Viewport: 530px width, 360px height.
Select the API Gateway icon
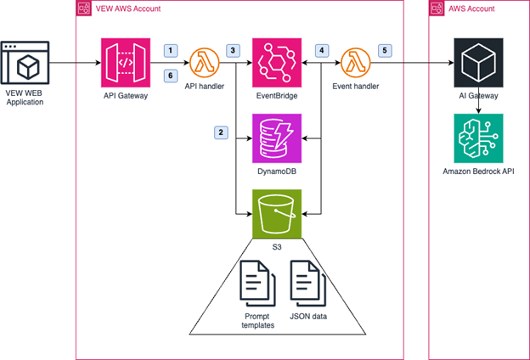click(x=125, y=62)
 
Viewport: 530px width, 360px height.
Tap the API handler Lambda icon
click(x=204, y=62)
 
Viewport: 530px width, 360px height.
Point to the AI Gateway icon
click(x=476, y=62)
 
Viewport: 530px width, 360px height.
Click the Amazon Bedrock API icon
click(x=476, y=138)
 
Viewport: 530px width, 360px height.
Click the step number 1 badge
click(x=171, y=51)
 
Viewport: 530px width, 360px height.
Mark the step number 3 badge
click(x=232, y=51)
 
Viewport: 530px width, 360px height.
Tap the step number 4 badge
click(x=323, y=51)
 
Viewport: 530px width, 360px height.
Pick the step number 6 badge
click(x=171, y=76)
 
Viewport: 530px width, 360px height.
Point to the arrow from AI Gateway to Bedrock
click(x=476, y=104)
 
